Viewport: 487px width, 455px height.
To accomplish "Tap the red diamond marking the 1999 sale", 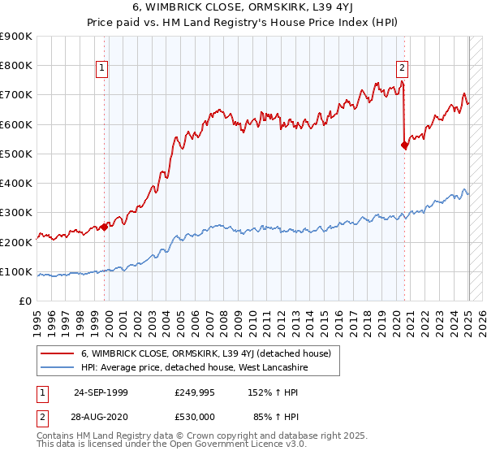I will click(x=104, y=227).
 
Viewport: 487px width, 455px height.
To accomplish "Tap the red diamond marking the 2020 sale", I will click(x=404, y=145).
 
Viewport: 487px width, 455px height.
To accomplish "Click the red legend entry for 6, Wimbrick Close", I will click(x=205, y=354).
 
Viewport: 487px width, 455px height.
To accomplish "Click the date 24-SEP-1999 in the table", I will click(x=101, y=392).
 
